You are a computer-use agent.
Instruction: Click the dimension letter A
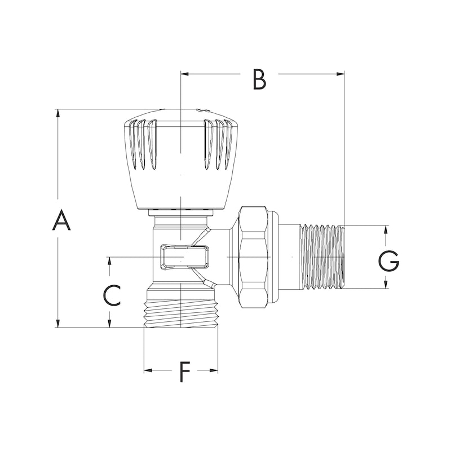(x=61, y=220)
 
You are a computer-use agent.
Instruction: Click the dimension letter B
(x=259, y=79)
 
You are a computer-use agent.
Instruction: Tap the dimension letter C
(x=112, y=295)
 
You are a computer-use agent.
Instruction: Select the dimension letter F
(x=185, y=372)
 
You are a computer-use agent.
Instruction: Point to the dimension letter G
(x=388, y=261)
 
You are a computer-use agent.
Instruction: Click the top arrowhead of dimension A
(x=58, y=112)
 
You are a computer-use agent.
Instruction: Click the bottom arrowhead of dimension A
(x=58, y=323)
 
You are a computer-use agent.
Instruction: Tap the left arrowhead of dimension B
(x=185, y=74)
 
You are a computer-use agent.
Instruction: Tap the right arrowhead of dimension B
(x=341, y=74)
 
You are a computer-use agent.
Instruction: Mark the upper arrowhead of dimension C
(x=109, y=261)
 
